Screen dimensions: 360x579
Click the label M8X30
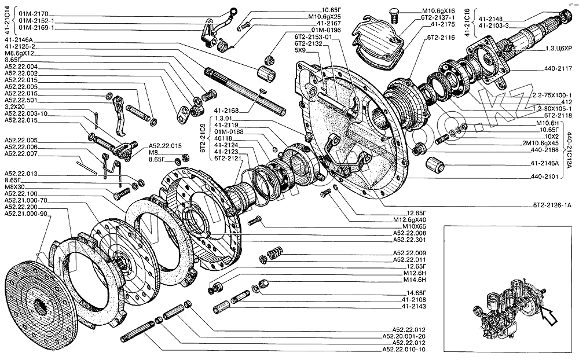coord(16,187)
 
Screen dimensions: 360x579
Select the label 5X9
coord(301,50)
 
